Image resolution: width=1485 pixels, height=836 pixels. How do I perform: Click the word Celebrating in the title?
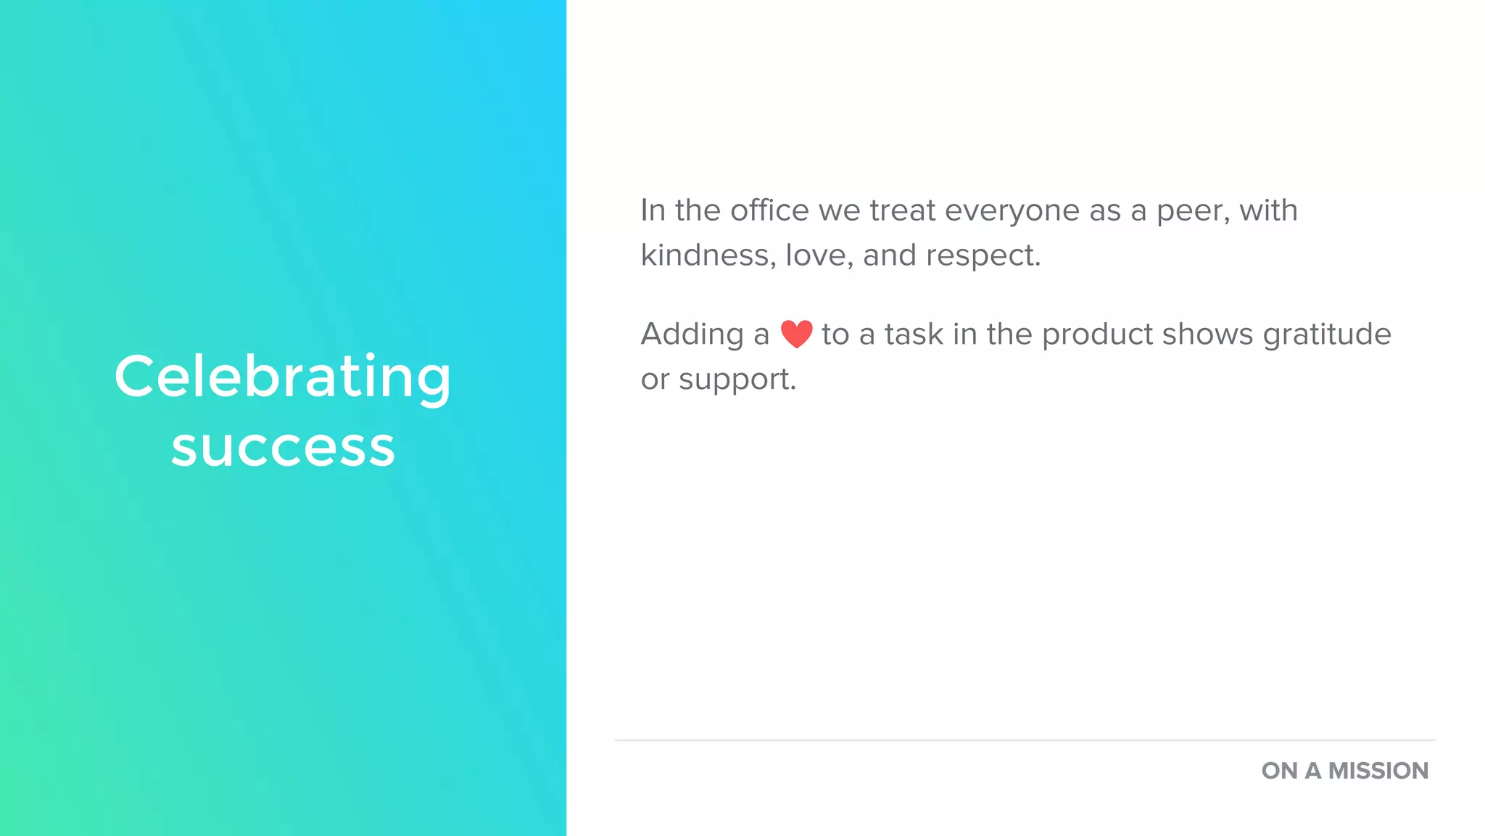(283, 377)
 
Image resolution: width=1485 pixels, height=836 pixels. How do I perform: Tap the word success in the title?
(283, 447)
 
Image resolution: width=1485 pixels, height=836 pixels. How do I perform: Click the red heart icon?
(796, 334)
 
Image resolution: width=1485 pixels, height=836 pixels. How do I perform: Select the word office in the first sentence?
(769, 210)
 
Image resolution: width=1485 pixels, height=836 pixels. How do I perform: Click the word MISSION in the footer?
(1378, 771)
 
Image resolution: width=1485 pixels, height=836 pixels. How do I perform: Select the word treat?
(903, 210)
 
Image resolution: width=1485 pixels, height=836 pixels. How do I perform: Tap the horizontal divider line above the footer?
(1024, 740)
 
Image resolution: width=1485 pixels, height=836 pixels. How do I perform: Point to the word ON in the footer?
(1279, 771)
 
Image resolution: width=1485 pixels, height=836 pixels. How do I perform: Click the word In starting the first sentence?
(653, 210)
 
